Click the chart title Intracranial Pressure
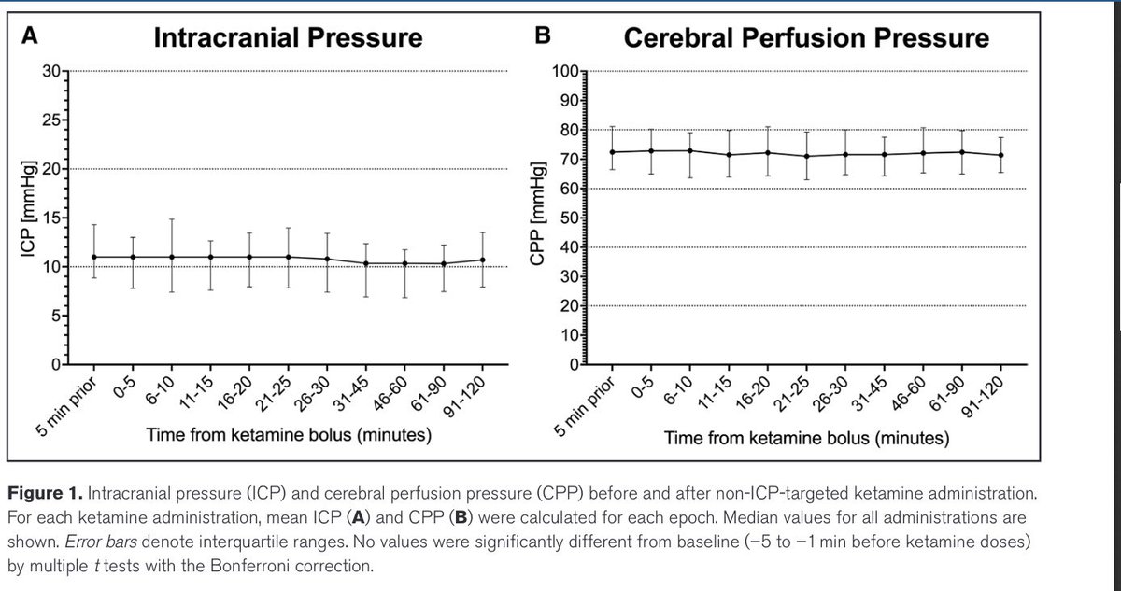point(287,38)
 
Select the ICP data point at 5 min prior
point(94,257)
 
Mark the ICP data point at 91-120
point(481,260)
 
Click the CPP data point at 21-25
point(807,156)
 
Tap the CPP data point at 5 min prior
point(613,152)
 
